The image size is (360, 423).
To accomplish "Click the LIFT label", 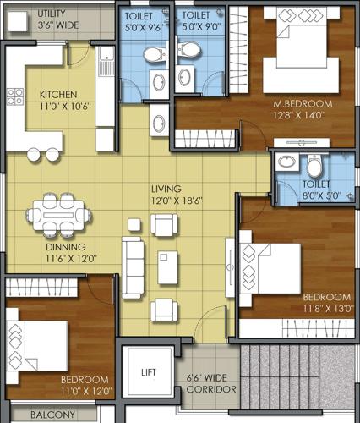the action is pyautogui.click(x=149, y=372).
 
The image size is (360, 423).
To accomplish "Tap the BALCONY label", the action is pyautogui.click(x=53, y=415).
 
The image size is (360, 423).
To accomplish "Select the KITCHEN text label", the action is pyautogui.click(x=58, y=95).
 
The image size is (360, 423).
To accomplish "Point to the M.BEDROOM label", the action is pyautogui.click(x=303, y=104).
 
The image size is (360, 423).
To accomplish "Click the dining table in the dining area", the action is pyautogui.click(x=58, y=216).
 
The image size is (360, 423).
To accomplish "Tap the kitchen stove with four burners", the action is pyautogui.click(x=15, y=96).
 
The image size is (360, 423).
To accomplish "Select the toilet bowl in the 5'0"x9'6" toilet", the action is pyautogui.click(x=154, y=54).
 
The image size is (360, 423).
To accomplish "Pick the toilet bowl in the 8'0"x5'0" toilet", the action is pyautogui.click(x=314, y=166).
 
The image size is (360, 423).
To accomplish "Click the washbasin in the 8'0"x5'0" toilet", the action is pyautogui.click(x=286, y=162).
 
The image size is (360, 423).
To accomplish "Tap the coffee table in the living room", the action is pyautogui.click(x=168, y=267).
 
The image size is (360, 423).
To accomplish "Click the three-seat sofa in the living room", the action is pyautogui.click(x=133, y=267).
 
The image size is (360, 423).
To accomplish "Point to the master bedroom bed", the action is pyautogui.click(x=302, y=50).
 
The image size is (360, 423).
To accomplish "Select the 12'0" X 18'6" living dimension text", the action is pyautogui.click(x=177, y=201).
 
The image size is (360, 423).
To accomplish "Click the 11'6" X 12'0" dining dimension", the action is pyautogui.click(x=71, y=259).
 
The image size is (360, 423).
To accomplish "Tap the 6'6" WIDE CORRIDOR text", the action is pyautogui.click(x=211, y=383).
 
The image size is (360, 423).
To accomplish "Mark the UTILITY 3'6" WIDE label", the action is pyautogui.click(x=58, y=19).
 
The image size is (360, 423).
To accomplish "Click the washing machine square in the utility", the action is pyautogui.click(x=18, y=21).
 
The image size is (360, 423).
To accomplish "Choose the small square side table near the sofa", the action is pyautogui.click(x=134, y=225).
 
